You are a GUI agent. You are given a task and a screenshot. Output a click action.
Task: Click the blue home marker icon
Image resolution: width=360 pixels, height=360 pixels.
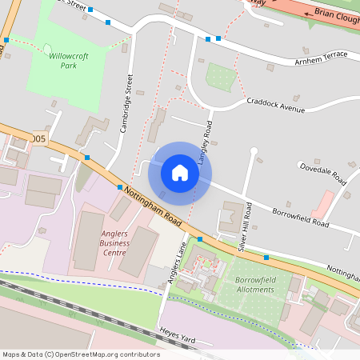(180, 172)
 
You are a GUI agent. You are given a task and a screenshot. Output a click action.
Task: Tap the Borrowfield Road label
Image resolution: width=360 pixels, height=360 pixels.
(300, 216)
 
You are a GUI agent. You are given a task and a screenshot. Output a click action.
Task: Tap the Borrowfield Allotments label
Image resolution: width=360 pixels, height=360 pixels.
(258, 285)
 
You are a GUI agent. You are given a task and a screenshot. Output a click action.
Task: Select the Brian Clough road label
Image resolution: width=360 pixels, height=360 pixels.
(335, 14)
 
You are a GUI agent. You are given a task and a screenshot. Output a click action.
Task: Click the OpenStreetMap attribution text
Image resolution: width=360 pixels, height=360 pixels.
(81, 354)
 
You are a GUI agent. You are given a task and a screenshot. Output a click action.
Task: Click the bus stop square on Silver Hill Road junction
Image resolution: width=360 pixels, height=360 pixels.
(266, 258)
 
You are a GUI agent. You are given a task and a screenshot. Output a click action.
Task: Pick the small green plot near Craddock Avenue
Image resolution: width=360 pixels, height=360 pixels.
(220, 77)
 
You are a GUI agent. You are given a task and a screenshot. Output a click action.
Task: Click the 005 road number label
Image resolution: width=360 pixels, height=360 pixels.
(39, 139)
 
